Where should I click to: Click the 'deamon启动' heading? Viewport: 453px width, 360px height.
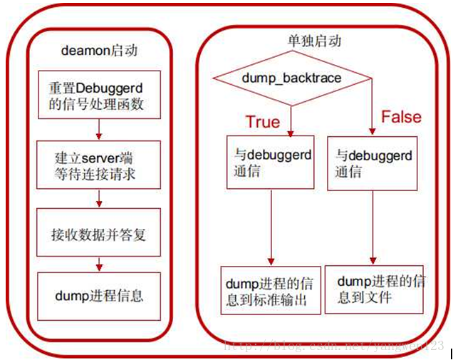(99, 51)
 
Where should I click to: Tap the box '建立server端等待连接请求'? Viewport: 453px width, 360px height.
(98, 165)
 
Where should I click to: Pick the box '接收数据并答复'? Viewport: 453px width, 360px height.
(98, 233)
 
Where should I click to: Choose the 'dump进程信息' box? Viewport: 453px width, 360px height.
(98, 294)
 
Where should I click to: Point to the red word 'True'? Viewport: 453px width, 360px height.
(263, 121)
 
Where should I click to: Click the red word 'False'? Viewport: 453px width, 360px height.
(401, 117)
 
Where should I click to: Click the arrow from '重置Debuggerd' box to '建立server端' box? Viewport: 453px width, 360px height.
(98, 129)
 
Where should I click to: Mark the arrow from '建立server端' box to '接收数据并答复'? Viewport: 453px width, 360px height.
(98, 199)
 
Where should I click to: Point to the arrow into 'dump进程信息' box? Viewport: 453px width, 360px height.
(98, 263)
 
